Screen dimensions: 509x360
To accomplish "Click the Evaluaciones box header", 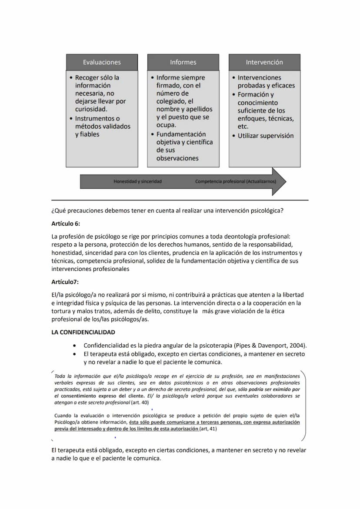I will coord(102,62).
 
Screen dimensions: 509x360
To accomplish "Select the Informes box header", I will coord(183,62).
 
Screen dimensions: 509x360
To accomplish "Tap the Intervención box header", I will coord(264,62).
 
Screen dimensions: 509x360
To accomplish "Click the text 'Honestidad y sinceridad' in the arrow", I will coord(137,181).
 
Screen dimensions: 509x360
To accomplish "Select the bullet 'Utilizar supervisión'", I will coord(265,136).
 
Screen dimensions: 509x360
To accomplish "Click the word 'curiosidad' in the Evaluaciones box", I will coord(90,109).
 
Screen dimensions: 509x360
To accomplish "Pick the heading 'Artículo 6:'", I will coord(66,223).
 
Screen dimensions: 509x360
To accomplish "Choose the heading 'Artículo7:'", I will coord(65,282).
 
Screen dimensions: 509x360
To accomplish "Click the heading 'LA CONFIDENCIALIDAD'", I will coord(83,332).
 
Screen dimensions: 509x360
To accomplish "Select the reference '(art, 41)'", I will coord(208,429).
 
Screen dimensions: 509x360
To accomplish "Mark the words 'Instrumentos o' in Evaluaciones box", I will coord(97,118).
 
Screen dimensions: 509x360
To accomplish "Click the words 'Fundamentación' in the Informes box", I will coord(181,134).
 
